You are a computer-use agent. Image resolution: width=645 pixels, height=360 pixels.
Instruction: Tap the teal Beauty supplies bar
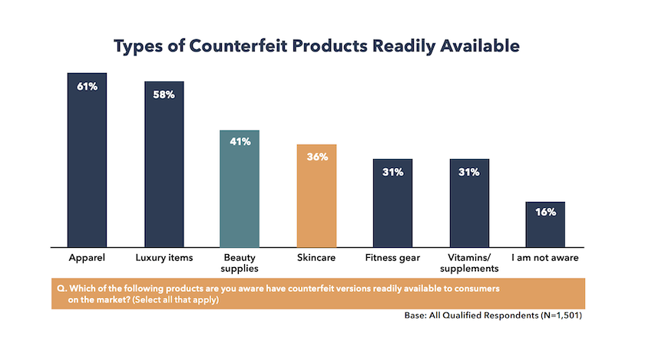[x=240, y=188]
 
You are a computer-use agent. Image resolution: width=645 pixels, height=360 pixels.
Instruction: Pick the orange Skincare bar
[x=316, y=195]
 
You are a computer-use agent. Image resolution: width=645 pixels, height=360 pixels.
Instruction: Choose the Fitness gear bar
[x=392, y=203]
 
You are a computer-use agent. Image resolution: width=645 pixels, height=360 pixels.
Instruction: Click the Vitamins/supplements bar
[x=469, y=203]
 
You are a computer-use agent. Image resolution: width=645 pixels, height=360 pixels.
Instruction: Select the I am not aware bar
[x=545, y=223]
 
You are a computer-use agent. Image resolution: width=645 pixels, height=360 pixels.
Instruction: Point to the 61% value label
[x=87, y=86]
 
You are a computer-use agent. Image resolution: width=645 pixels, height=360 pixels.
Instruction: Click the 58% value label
[x=164, y=94]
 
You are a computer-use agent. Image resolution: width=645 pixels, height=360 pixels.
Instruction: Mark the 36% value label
[x=316, y=157]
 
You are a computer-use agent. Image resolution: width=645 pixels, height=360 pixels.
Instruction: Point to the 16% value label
[x=545, y=213]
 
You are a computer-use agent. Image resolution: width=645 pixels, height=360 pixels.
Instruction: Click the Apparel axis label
[x=87, y=258]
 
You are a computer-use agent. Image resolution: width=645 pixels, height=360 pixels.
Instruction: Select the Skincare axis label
[x=316, y=258]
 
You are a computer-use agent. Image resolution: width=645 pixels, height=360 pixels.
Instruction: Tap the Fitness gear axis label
[x=392, y=258]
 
